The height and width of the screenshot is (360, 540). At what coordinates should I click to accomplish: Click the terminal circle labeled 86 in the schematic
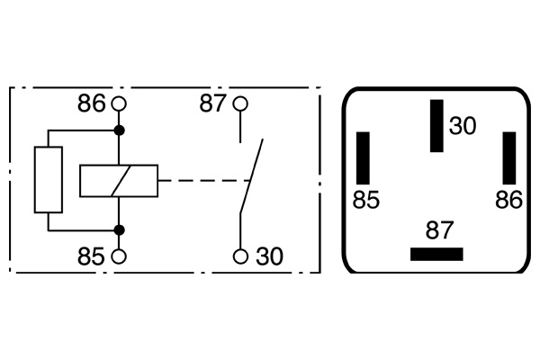click(119, 103)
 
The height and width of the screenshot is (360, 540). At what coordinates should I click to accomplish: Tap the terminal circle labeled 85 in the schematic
click(119, 256)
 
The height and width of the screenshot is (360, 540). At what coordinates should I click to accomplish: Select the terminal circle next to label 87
click(239, 103)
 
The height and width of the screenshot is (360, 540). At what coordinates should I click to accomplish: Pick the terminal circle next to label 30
click(239, 256)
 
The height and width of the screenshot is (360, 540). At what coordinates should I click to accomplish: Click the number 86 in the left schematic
click(92, 103)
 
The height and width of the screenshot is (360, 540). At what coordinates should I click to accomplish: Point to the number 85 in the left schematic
click(92, 256)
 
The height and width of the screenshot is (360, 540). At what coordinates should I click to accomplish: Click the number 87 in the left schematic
click(213, 103)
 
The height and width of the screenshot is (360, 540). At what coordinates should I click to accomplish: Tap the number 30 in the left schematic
click(268, 256)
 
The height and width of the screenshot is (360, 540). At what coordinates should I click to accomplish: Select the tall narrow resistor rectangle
click(48, 180)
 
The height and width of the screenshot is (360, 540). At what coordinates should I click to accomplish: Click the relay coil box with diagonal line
click(118, 181)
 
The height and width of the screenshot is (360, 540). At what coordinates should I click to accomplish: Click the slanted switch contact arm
click(251, 175)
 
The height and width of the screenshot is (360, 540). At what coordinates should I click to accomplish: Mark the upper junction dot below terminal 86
click(119, 131)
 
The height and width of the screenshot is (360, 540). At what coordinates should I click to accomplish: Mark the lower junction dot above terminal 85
click(119, 229)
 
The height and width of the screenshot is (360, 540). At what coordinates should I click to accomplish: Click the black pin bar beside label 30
click(437, 126)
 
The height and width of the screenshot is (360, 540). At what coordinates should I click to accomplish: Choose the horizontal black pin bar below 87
click(436, 254)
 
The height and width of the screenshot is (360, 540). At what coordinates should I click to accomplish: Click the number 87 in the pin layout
click(440, 230)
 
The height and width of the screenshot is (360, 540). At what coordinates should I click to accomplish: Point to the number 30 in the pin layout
click(462, 126)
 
